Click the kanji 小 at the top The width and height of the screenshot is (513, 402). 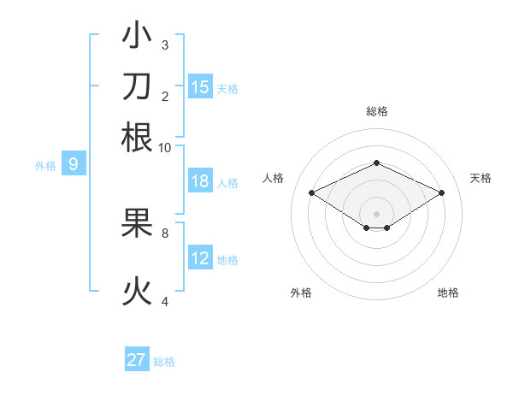(x=137, y=37)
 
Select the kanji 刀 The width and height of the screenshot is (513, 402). (x=137, y=86)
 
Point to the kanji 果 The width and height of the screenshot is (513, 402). (x=137, y=223)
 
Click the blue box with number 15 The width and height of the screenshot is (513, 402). (x=200, y=86)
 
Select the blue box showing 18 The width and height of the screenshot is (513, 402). (x=200, y=181)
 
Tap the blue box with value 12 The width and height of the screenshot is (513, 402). (x=200, y=258)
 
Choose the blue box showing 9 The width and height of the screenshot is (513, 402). (x=74, y=164)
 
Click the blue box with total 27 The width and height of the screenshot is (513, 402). (x=137, y=360)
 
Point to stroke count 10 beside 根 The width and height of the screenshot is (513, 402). (x=165, y=147)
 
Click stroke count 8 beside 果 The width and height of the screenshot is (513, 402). (x=165, y=232)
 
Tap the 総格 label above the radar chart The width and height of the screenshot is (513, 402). (x=376, y=111)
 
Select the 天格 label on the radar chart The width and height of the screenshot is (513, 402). (x=481, y=178)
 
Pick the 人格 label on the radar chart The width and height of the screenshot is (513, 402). (x=274, y=178)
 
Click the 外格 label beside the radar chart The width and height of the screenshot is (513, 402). (x=301, y=293)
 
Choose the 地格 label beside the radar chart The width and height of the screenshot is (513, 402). (x=448, y=293)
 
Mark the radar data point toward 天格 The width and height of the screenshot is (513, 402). (x=441, y=193)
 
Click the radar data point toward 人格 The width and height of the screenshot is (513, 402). (x=311, y=193)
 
